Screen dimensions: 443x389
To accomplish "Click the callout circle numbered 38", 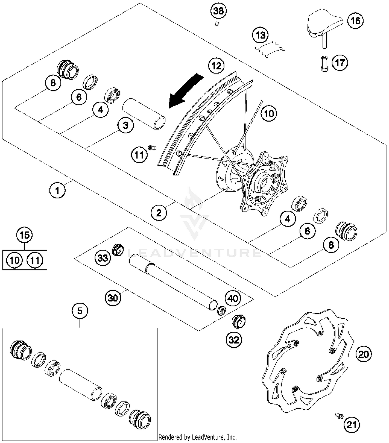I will [218, 11].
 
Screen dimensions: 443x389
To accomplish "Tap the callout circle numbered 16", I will [355, 21].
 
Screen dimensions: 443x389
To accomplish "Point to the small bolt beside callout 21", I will [339, 416].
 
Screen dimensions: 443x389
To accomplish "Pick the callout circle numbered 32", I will [234, 340].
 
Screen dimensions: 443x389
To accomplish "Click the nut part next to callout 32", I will [238, 321].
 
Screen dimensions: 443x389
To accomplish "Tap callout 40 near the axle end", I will [233, 298].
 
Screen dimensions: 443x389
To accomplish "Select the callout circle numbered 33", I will [103, 258].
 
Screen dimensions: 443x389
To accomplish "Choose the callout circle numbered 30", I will [113, 298].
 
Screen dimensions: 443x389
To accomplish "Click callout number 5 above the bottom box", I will [80, 311].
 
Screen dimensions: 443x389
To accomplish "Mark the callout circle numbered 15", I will [24, 235].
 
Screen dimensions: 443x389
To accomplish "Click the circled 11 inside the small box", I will [35, 260].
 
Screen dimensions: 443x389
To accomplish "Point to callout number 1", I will [57, 190].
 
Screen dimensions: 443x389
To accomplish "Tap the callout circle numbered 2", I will [158, 213].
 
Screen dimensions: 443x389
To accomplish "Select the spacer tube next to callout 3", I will [144, 113].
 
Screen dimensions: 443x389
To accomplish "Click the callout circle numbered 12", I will [216, 66].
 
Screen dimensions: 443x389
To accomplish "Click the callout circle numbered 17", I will [340, 63].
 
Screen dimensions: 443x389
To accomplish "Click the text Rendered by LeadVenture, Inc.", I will [197, 437].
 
